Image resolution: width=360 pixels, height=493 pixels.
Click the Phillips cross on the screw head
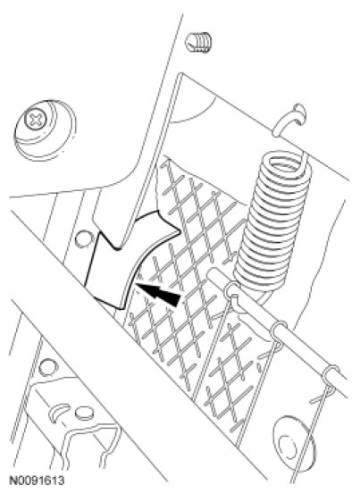click(35, 119)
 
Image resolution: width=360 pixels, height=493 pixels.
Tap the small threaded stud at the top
click(197, 42)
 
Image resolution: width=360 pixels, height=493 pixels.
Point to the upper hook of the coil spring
click(289, 120)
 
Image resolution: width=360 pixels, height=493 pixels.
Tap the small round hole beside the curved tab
click(81, 238)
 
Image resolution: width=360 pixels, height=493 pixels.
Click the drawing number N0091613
click(38, 480)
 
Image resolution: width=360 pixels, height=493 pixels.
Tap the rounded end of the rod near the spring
click(213, 272)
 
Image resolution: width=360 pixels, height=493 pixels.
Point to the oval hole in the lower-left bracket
click(84, 414)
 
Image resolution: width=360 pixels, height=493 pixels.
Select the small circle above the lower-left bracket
click(48, 367)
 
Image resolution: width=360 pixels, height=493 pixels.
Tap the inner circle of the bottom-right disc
click(287, 446)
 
